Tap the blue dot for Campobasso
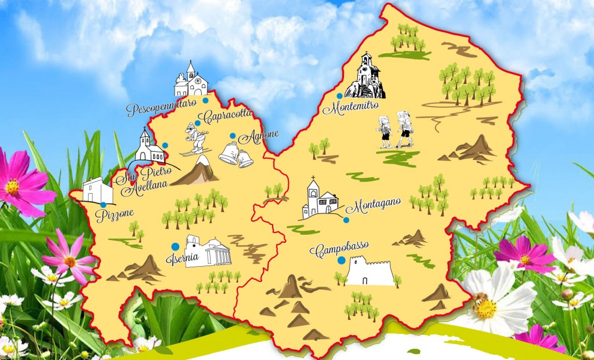click(x=342, y=260)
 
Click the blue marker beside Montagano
click(x=346, y=220)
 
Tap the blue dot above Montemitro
click(x=339, y=96)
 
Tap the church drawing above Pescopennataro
click(x=191, y=82)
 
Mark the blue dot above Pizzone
click(x=103, y=204)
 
